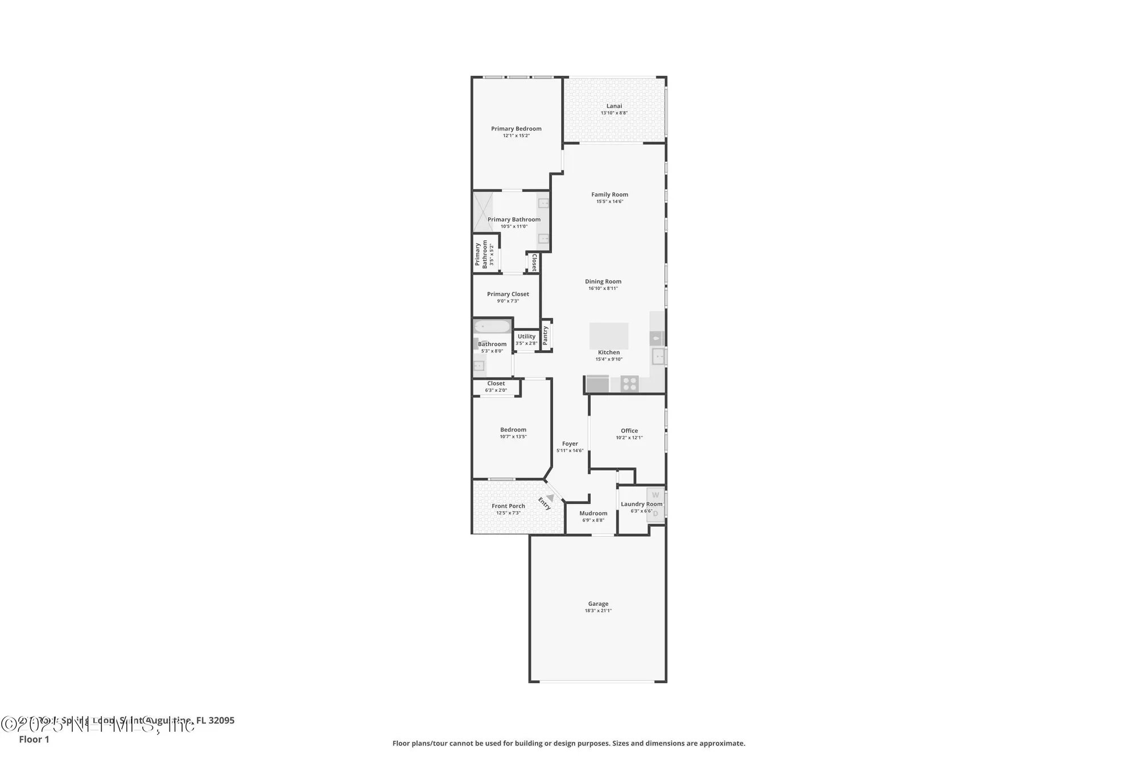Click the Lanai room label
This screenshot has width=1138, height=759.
tap(614, 106)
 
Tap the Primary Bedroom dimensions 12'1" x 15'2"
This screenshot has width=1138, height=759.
tap(516, 136)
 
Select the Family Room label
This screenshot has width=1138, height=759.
tap(609, 195)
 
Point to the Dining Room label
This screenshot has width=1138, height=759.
tap(603, 281)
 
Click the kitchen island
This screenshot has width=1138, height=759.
tap(609, 335)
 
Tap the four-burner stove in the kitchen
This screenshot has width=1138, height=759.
tap(629, 384)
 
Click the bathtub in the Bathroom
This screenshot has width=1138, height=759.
tap(492, 327)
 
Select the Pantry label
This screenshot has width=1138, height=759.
tap(546, 335)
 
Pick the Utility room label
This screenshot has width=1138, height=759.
tap(526, 337)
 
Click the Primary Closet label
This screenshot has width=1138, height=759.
tap(508, 294)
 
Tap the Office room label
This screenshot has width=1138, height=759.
tap(629, 431)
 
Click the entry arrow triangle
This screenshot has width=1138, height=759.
tap(550, 497)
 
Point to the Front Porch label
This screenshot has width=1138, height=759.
tap(508, 506)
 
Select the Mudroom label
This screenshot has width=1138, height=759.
tap(593, 514)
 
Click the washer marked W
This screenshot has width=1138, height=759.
tap(655, 495)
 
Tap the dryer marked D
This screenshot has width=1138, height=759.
tap(655, 514)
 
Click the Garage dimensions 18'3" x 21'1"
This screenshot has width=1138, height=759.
tap(598, 611)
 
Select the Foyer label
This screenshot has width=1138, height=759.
tap(570, 444)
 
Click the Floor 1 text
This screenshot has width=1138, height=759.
tap(34, 739)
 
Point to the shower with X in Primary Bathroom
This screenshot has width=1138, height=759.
tap(483, 212)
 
